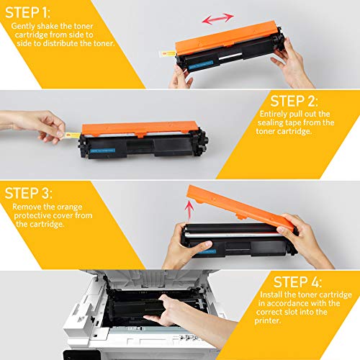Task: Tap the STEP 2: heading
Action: (297, 102)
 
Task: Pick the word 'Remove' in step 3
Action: (27, 207)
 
